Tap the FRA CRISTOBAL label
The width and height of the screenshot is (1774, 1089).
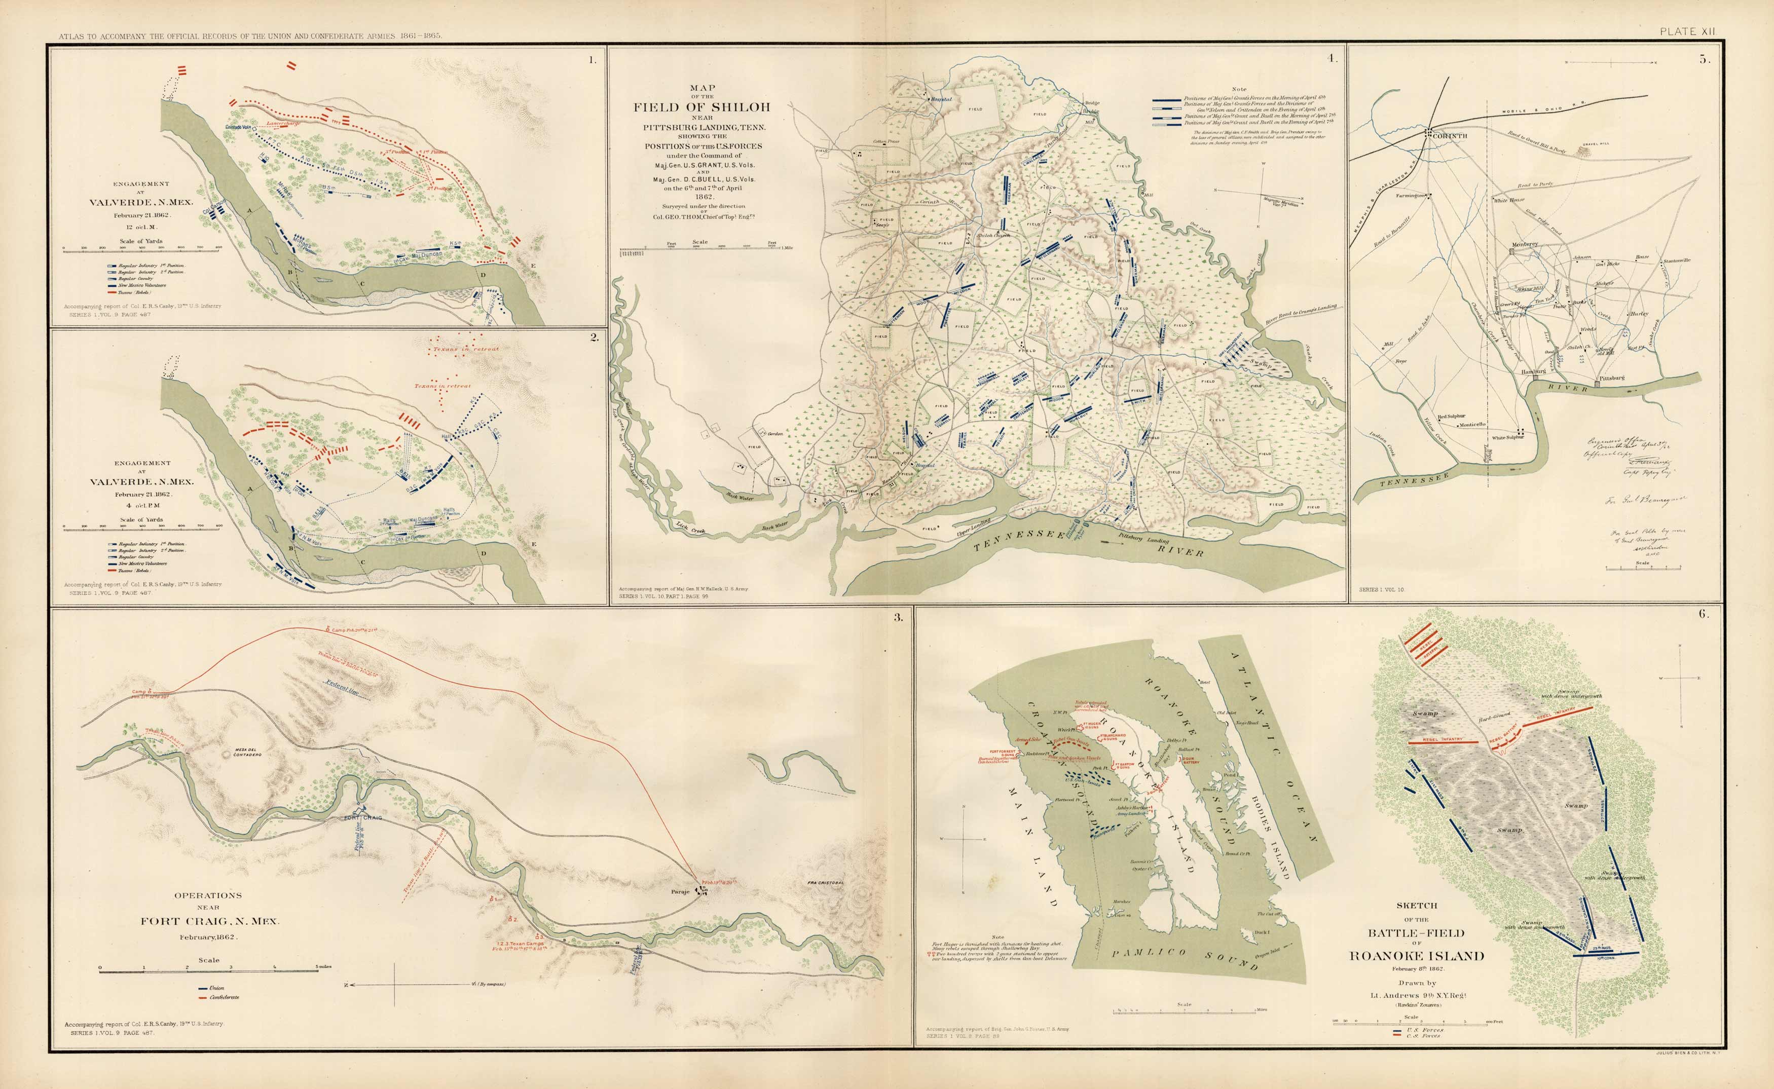[x=824, y=882]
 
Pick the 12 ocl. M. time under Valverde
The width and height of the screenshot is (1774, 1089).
[x=141, y=227]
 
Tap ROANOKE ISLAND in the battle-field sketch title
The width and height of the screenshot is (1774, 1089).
[x=1416, y=956]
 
